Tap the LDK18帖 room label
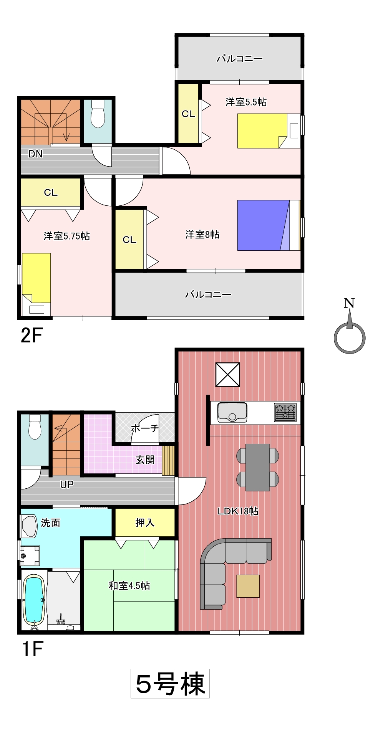[x=238, y=511]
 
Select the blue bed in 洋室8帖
[x=269, y=225]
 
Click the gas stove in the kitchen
[x=285, y=412]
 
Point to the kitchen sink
[x=232, y=412]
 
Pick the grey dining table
[x=257, y=467]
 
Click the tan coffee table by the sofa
[x=248, y=586]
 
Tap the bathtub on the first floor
[x=35, y=599]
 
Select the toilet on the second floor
[x=98, y=114]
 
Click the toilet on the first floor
[x=35, y=427]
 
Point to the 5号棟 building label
[x=170, y=684]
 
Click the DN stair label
[x=35, y=154]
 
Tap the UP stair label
[x=67, y=484]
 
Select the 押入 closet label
[x=145, y=522]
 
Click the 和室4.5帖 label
[x=129, y=585]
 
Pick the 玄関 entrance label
[x=145, y=460]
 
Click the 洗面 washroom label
[x=50, y=522]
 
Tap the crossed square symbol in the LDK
[x=228, y=375]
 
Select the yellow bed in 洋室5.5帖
[x=262, y=131]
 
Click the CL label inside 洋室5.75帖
[x=51, y=192]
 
